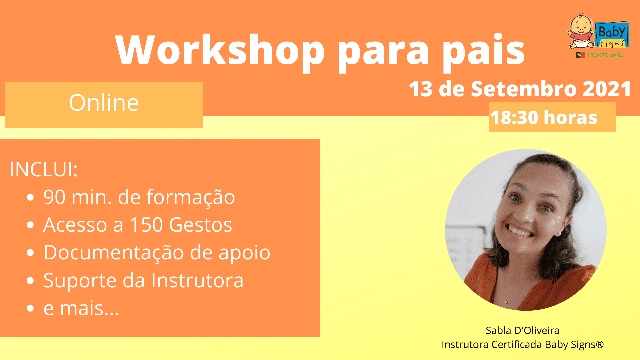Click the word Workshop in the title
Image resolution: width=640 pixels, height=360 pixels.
[220, 50]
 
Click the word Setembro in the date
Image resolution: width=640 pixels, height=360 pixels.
[523, 89]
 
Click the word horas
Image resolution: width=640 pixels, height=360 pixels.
[570, 118]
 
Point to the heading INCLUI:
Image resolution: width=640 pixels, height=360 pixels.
[44, 169]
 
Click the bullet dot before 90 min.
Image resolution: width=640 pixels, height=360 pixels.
[30, 197]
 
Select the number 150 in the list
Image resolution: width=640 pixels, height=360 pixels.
[146, 225]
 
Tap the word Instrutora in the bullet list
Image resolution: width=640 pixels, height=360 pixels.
[197, 280]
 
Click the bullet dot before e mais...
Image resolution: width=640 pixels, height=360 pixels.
[30, 308]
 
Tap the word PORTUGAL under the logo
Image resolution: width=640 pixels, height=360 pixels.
[605, 55]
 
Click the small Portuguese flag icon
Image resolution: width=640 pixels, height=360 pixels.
[580, 55]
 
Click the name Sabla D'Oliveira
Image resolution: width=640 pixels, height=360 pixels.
[522, 330]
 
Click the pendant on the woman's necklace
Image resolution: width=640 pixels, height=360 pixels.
[507, 302]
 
